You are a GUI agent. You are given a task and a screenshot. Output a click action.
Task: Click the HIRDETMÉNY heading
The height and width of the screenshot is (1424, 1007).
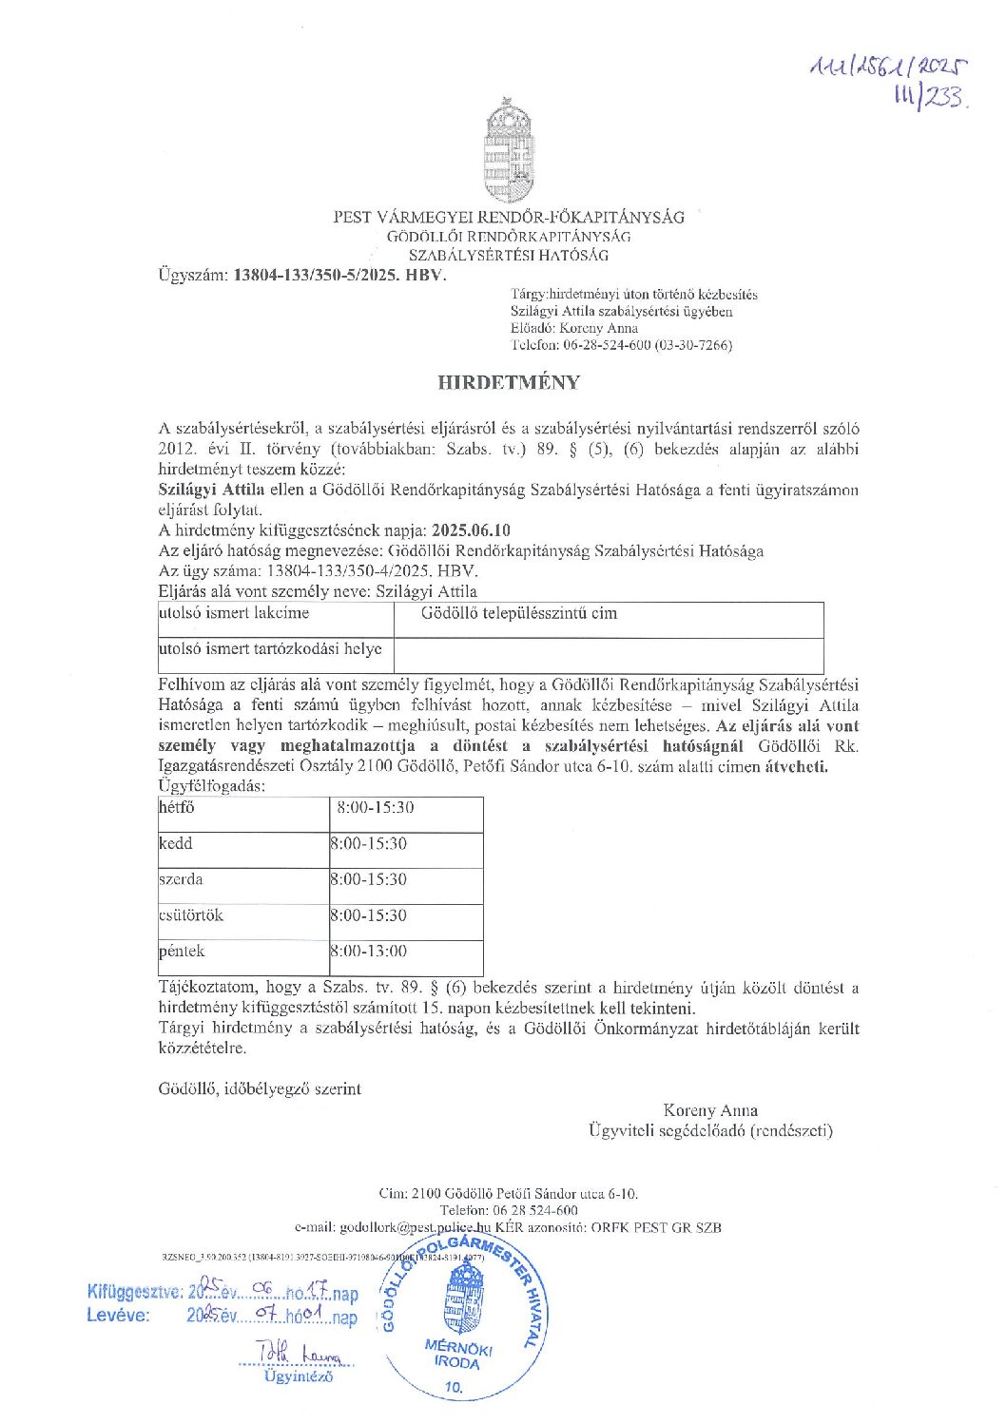509,383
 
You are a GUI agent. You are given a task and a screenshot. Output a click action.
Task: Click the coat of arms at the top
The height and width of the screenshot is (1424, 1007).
509,149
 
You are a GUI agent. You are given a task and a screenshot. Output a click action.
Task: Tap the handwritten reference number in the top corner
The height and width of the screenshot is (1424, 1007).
888,81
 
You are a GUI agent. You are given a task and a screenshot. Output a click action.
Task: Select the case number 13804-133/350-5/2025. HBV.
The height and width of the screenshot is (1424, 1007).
339,276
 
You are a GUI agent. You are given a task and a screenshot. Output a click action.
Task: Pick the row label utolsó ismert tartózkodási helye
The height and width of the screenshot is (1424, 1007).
270,649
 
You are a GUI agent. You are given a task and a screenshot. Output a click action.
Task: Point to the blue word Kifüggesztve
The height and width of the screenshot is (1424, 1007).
133,1292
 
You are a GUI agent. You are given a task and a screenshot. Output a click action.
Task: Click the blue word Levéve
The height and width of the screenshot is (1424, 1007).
118,1316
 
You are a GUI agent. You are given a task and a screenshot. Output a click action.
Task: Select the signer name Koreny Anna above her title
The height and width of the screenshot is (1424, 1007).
710,1110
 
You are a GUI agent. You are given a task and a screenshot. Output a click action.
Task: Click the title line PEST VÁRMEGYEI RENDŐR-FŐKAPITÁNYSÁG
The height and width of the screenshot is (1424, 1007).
509,217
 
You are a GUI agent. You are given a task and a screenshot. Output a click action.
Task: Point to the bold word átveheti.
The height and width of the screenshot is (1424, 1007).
797,766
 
